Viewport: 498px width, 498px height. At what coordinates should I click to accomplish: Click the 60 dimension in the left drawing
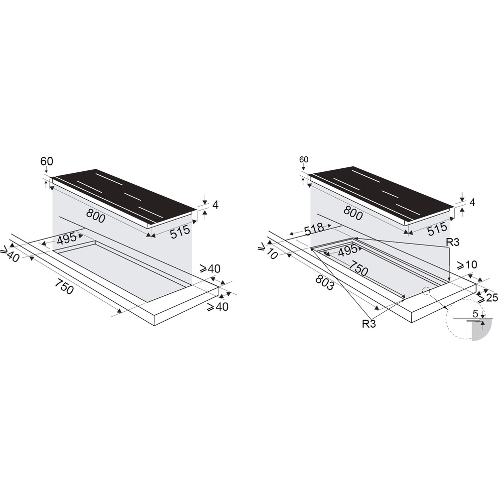(46, 161)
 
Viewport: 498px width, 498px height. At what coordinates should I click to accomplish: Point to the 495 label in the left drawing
(66, 239)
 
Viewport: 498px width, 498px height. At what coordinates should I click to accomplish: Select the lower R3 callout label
(369, 324)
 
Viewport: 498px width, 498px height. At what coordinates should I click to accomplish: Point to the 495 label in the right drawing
(347, 250)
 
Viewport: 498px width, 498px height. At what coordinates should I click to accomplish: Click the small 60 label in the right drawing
(304, 159)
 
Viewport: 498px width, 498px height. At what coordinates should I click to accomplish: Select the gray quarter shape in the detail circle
(479, 332)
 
